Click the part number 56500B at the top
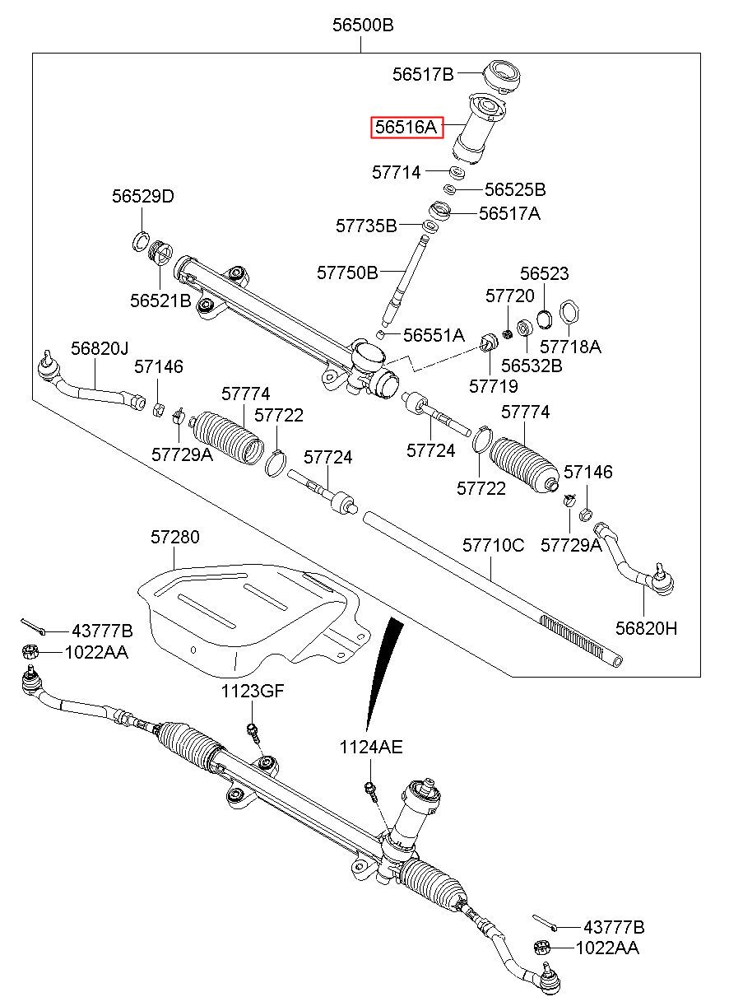click(363, 26)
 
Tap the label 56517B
click(423, 75)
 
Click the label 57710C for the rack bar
click(493, 546)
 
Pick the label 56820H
click(646, 628)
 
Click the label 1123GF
click(252, 692)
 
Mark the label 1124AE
click(371, 748)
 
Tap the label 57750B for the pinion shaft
click(347, 272)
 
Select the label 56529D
click(143, 197)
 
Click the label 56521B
click(160, 301)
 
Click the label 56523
click(544, 274)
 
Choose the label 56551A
click(434, 335)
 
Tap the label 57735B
click(366, 225)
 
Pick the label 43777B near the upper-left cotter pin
click(102, 631)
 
